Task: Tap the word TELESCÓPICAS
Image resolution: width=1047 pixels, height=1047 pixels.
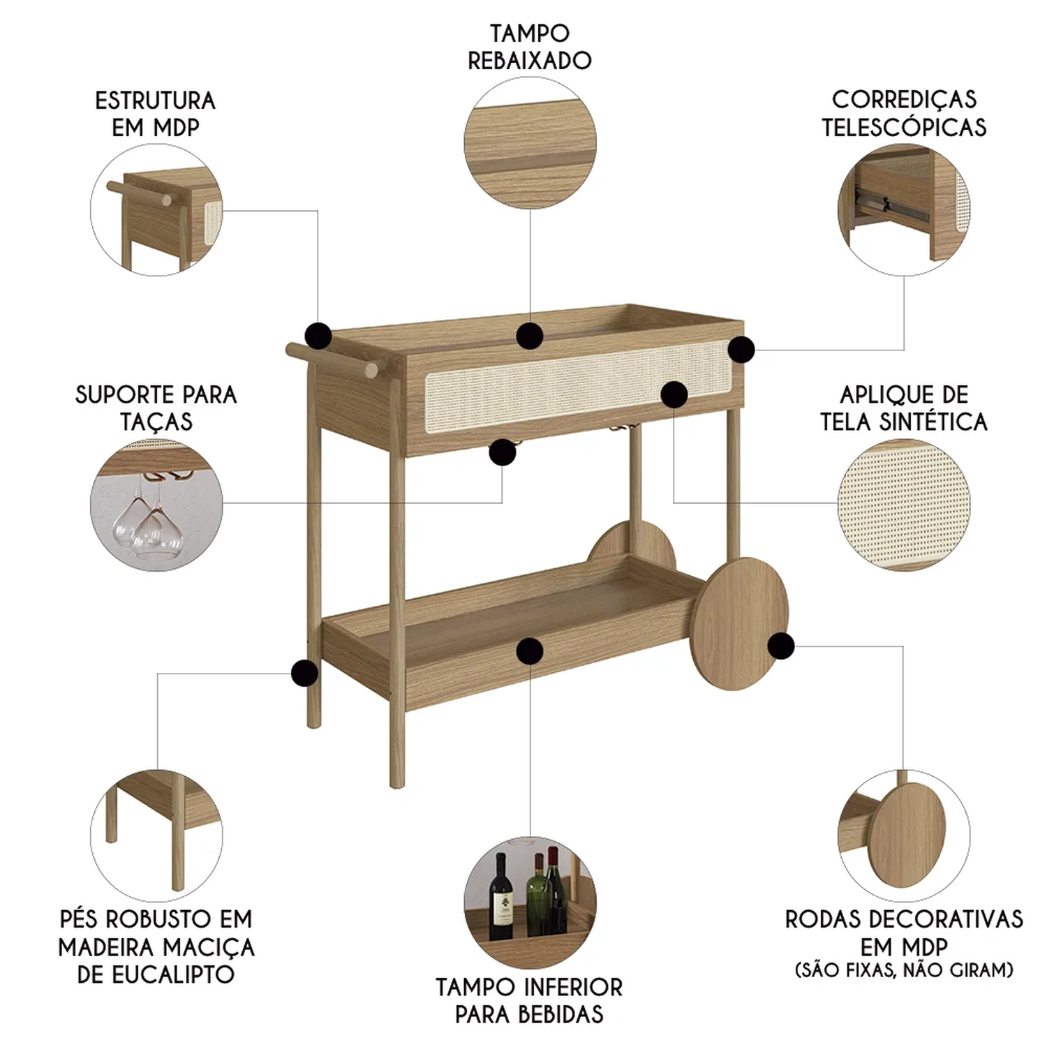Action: point(904,127)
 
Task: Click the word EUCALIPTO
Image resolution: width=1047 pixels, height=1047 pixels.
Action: point(156,974)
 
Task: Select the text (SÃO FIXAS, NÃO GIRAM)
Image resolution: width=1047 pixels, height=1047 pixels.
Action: point(904,970)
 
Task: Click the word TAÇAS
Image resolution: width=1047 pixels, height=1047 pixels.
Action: point(156,422)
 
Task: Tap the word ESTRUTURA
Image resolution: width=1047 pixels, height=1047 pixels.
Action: point(156,101)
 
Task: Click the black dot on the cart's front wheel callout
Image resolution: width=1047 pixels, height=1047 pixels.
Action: point(781,646)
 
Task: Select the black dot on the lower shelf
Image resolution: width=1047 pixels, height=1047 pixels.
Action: point(530,651)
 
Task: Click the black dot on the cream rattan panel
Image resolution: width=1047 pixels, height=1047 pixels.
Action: point(674,394)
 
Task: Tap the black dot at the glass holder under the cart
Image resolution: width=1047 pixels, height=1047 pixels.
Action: point(503,452)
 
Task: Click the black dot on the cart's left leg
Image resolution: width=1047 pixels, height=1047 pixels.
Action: point(304,673)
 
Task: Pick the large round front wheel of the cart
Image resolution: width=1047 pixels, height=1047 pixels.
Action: point(738,623)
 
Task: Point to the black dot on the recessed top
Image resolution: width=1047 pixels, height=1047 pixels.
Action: point(530,336)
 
